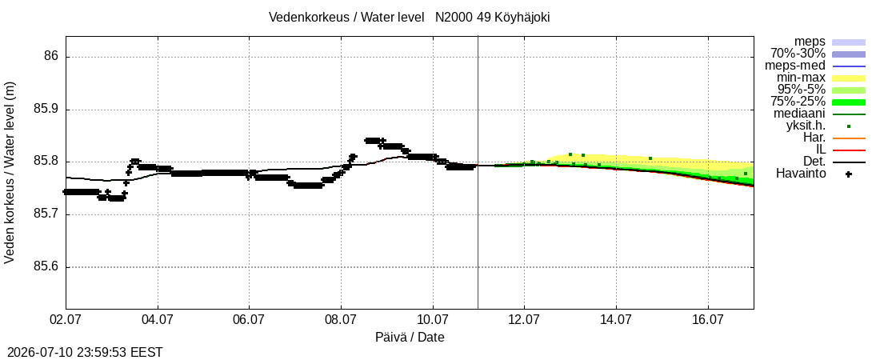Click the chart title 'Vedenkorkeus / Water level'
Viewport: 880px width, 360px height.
coord(346,18)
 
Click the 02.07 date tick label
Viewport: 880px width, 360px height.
coord(66,321)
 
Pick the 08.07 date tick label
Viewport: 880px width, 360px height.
coord(342,321)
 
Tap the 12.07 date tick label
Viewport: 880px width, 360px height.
coord(524,321)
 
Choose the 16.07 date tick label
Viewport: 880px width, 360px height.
coord(708,321)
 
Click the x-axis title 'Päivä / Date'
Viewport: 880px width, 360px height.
coord(410,337)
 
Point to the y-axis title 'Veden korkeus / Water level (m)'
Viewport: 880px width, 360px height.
coord(10,173)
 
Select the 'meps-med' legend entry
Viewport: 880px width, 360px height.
coord(795,66)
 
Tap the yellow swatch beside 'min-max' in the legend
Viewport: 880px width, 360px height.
coord(849,78)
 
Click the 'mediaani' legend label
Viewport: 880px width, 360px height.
coord(799,114)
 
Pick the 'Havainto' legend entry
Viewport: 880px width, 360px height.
coord(801,174)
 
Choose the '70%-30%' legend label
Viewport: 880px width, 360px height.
coord(798,54)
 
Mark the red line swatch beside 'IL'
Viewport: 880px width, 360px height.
coord(849,150)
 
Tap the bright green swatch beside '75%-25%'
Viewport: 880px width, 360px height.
coord(849,102)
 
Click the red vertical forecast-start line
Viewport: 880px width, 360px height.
coord(478,173)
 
